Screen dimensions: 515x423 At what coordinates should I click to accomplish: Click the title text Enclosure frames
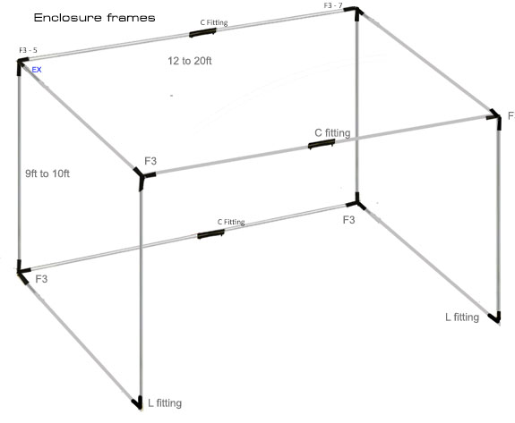tap(95, 17)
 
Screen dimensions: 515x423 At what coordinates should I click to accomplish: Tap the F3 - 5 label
tap(29, 50)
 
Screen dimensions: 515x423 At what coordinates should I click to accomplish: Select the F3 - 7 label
tap(333, 5)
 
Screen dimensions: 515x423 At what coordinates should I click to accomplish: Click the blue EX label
tap(37, 70)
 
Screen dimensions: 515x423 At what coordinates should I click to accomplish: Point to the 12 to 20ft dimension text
tap(190, 61)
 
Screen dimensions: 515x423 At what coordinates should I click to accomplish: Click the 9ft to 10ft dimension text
tap(47, 173)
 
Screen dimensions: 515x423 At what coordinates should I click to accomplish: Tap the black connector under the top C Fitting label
tap(202, 32)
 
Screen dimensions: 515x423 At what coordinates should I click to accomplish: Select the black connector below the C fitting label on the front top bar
tap(322, 144)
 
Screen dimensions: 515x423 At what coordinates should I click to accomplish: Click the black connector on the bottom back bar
tap(210, 234)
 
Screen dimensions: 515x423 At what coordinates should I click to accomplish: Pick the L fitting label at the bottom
tap(165, 402)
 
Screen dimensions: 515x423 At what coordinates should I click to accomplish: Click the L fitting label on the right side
tap(462, 317)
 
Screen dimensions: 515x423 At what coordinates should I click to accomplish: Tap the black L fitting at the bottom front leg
tap(138, 403)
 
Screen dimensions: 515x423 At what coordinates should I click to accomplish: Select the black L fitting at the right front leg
tap(495, 317)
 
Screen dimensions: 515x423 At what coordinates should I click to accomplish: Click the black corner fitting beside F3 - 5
tap(21, 64)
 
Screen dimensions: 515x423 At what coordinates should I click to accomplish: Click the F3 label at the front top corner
tap(150, 161)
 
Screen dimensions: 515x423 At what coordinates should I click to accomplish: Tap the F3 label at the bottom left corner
tap(41, 279)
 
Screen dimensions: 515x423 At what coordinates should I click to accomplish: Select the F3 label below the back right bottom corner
tap(348, 220)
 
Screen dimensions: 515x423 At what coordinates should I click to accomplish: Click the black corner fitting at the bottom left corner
tap(21, 273)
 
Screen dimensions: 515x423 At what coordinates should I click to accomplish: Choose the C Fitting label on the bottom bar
tap(231, 222)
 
